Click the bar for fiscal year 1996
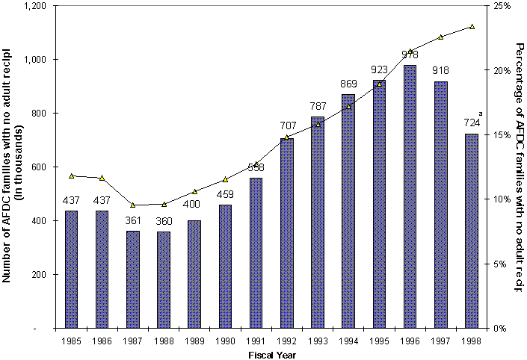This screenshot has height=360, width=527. [410, 196]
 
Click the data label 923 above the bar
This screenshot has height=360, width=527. [379, 71]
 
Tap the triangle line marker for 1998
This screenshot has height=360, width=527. [472, 26]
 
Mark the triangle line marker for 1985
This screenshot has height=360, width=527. [71, 176]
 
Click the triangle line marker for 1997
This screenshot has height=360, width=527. [440, 37]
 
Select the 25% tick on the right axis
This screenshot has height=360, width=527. [502, 5]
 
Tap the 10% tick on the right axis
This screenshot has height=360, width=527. [502, 199]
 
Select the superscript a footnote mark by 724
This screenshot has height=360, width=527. [481, 114]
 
